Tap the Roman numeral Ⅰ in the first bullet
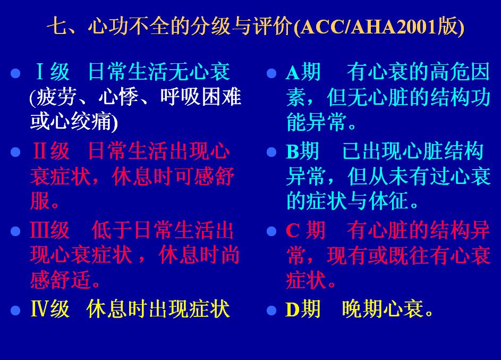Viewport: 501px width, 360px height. (40, 71)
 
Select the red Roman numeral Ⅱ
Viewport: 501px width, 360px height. (40, 150)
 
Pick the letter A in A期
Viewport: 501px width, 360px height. (292, 72)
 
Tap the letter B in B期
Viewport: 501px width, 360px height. (292, 152)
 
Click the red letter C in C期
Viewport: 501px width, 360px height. (292, 230)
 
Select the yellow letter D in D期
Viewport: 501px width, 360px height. (292, 309)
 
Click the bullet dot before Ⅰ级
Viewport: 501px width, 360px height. (15, 73)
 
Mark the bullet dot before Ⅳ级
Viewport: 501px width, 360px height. (15, 311)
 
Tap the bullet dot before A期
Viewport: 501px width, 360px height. (271, 73)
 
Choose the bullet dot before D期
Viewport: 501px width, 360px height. (271, 311)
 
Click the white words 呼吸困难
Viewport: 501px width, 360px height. (201, 97)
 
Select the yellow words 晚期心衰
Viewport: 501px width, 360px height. (383, 309)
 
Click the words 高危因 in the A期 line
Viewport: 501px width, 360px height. (460, 71)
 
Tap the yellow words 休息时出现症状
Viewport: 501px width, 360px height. (158, 309)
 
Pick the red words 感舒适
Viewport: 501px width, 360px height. (61, 279)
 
